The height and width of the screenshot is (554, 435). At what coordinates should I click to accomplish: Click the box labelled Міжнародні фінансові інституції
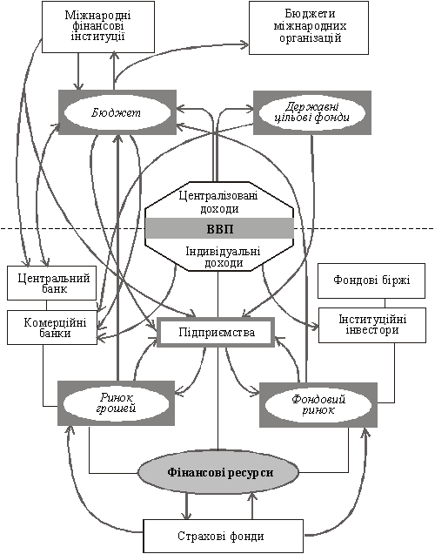point(98,27)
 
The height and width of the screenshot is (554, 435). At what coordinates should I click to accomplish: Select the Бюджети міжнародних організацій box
point(309,28)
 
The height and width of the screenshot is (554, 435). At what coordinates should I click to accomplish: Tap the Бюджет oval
point(117,112)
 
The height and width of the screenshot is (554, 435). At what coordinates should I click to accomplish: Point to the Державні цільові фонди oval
point(312,112)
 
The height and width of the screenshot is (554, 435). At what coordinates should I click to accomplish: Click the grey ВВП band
point(219,228)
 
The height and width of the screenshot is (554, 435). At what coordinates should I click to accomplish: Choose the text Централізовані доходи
point(218,202)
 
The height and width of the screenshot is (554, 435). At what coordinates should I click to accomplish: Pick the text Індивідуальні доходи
point(224,257)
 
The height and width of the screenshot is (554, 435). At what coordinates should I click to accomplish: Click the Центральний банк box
point(52,283)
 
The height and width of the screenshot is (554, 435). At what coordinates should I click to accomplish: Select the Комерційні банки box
point(52,328)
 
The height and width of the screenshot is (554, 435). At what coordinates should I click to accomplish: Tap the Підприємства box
point(216,332)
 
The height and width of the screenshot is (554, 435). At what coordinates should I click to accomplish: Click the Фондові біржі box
point(371,280)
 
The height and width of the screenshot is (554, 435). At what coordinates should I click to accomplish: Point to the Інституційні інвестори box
point(372,325)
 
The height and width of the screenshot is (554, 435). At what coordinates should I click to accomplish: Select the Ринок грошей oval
point(117,403)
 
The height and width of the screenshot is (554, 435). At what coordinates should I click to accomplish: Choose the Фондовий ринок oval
point(318,404)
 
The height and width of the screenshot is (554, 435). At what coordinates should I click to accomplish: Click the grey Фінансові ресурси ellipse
point(218,472)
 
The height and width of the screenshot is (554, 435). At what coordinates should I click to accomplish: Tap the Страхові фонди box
point(224,536)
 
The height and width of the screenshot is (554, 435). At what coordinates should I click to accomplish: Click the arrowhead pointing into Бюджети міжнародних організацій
point(245,44)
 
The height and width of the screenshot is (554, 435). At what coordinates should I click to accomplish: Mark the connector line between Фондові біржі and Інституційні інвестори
point(385,303)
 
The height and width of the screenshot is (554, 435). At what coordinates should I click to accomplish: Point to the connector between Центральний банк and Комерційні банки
point(47,306)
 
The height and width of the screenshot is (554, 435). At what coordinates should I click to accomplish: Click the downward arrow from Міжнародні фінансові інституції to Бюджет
point(78,71)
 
